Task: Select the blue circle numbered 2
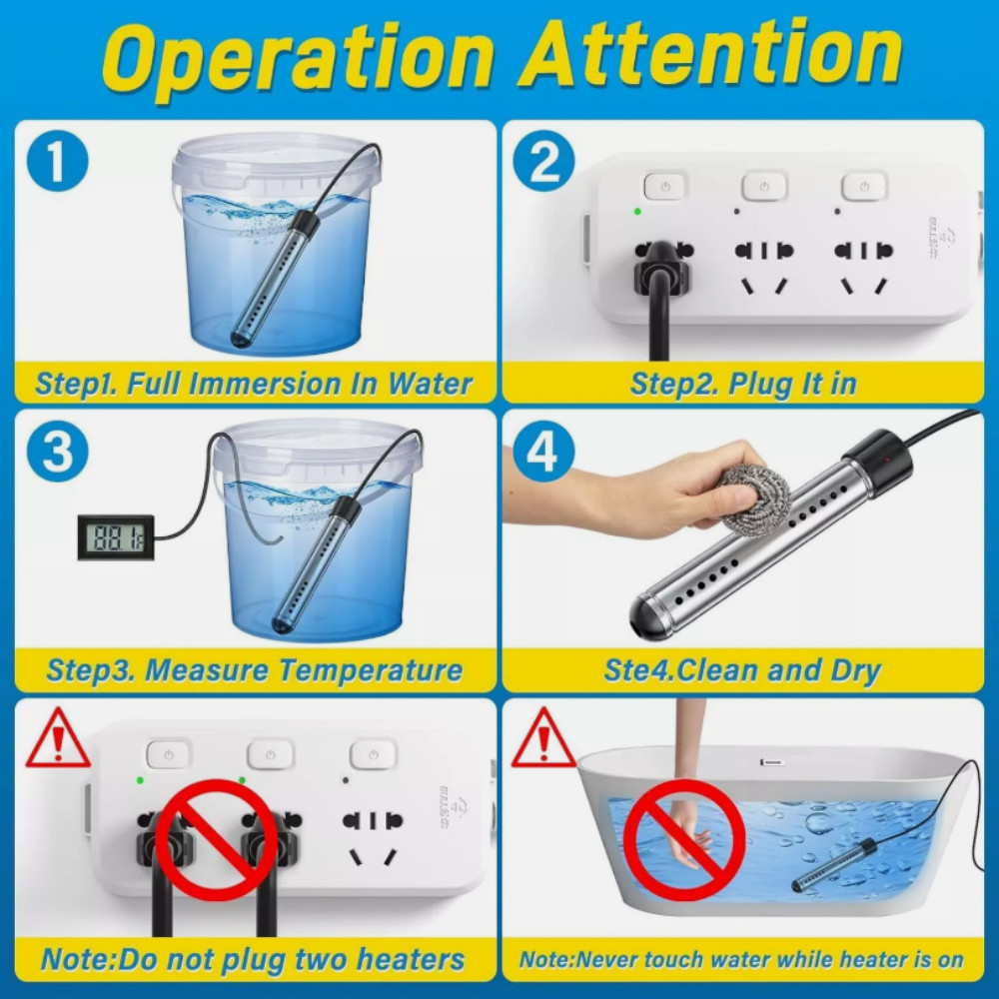pos(544,163)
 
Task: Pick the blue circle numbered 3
pos(58,452)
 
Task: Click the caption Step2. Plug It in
pos(743,384)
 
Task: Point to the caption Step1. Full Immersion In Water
pos(254,384)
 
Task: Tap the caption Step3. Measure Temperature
pos(254,670)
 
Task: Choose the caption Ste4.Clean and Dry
pos(741,670)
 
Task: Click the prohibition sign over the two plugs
pos(218,840)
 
